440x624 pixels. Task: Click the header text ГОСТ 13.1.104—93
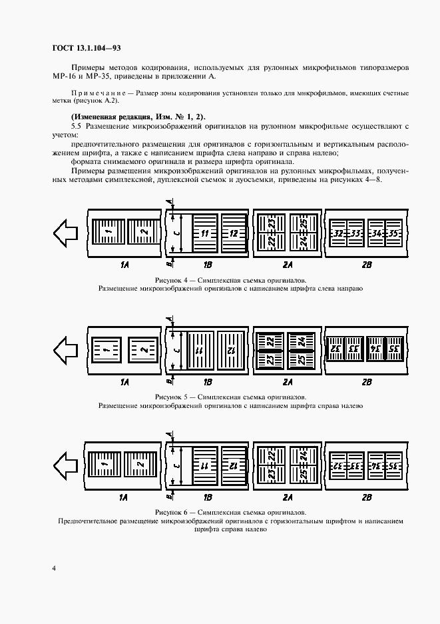pyautogui.click(x=86, y=48)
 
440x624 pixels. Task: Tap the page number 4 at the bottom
pyautogui.click(x=53, y=568)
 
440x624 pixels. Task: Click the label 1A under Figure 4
pyautogui.click(x=124, y=265)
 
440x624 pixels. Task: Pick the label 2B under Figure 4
pyautogui.click(x=365, y=265)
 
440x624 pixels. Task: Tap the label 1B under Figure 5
pyautogui.click(x=208, y=382)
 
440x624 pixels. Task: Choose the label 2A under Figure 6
pyautogui.click(x=288, y=497)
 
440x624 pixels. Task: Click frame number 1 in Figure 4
pyautogui.click(x=107, y=233)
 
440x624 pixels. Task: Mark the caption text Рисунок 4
pyautogui.click(x=173, y=281)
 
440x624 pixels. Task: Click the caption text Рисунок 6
pyautogui.click(x=173, y=513)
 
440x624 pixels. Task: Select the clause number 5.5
pyautogui.click(x=76, y=125)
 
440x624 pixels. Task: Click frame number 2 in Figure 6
pyautogui.click(x=140, y=463)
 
